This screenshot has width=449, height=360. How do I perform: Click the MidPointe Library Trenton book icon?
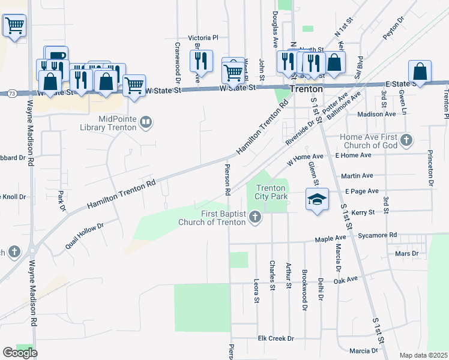tap(145, 123)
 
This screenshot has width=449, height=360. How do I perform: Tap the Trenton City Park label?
tap(271, 192)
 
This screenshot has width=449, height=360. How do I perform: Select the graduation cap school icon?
tap(318, 199)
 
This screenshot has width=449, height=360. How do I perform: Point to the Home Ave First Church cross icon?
tap(406, 140)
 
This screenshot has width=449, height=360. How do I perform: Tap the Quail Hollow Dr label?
tap(84, 236)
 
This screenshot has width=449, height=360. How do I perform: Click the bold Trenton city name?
tap(306, 88)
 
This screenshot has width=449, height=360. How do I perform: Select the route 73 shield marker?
tap(11, 93)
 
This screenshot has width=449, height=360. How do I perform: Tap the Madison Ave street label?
tap(376, 114)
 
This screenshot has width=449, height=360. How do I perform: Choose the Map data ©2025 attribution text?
tap(424, 355)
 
